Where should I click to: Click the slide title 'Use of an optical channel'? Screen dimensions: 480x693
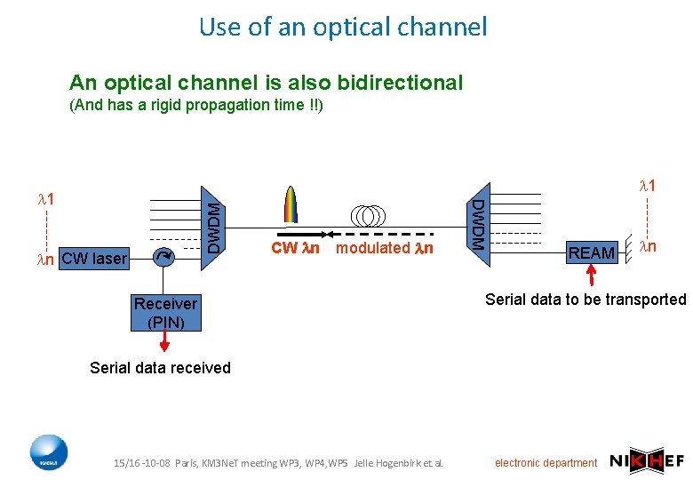343,27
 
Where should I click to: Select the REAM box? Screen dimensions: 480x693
592,252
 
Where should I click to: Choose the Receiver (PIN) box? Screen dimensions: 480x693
165,313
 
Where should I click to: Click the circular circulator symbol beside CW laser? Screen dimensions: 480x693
163,258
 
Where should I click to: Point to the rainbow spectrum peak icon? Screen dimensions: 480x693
290,207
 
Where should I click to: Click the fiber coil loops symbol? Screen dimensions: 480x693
367,216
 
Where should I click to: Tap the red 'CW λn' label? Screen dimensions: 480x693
295,248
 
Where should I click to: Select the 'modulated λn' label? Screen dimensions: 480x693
385,248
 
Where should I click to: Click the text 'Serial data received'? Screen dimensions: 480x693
160,368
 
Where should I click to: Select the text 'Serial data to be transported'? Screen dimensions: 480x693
585,300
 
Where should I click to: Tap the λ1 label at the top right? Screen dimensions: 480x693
648,186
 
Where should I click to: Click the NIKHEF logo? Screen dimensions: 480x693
646,460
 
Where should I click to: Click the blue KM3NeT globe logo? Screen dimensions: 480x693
48,453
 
